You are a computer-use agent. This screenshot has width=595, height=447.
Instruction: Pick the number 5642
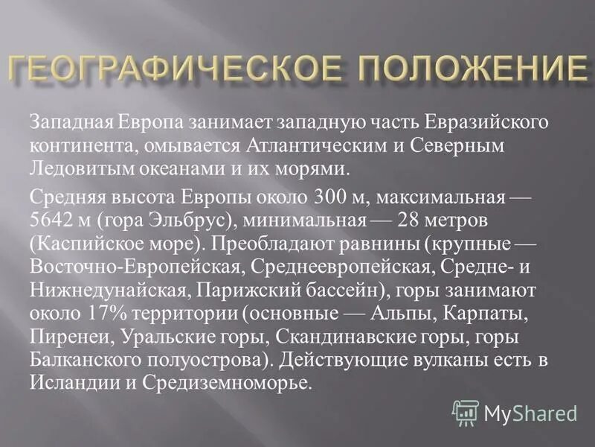(54, 221)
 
